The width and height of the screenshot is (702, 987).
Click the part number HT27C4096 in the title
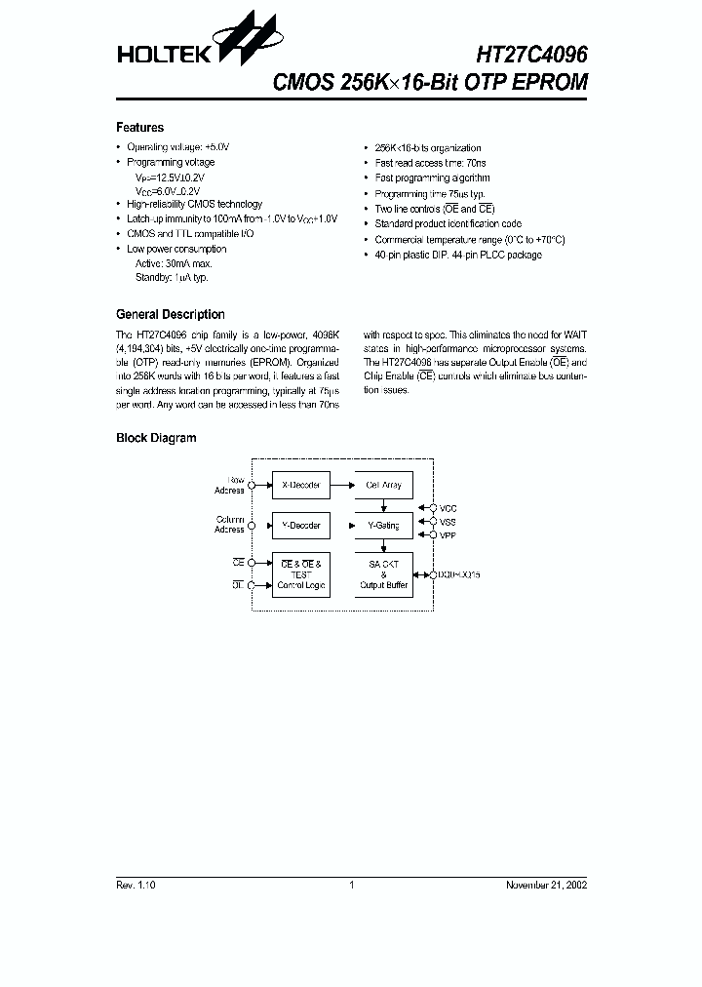[531, 55]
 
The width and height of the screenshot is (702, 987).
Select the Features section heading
[140, 128]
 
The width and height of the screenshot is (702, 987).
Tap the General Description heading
[171, 315]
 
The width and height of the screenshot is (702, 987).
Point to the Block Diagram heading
[156, 439]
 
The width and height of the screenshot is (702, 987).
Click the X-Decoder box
[300, 485]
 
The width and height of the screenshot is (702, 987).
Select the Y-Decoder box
[300, 526]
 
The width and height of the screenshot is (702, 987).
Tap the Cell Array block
[383, 485]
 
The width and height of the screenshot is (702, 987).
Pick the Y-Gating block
[383, 526]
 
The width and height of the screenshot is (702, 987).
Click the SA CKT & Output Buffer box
[383, 574]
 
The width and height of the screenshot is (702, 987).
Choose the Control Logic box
[300, 574]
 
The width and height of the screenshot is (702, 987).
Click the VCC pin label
[448, 508]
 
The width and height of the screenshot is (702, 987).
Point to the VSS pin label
[448, 522]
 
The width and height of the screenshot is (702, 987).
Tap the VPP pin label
[448, 534]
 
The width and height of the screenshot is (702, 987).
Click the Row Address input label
[230, 485]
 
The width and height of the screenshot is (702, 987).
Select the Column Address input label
[230, 525]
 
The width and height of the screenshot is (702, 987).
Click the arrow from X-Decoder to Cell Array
[341, 485]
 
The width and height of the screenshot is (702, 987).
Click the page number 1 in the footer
[351, 885]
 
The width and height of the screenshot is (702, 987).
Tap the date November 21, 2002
[546, 885]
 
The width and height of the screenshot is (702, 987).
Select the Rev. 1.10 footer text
[136, 885]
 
